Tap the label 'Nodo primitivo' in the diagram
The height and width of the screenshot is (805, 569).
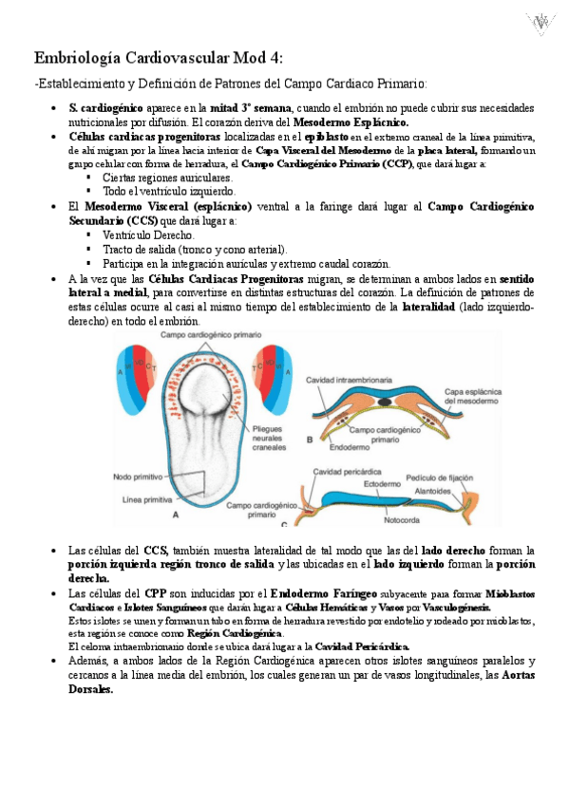[x=138, y=477]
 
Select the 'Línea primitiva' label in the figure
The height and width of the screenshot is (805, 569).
[x=146, y=499]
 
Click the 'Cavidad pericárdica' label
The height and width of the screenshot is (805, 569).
[x=340, y=472]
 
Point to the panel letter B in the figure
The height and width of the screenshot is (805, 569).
[x=311, y=440]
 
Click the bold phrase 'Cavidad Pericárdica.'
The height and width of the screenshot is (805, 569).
[x=356, y=646]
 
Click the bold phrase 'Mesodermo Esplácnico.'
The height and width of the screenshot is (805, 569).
[x=351, y=122]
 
